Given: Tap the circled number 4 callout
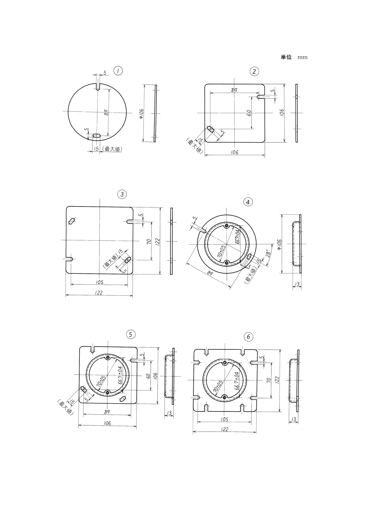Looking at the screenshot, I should (x=248, y=202).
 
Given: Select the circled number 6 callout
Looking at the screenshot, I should (x=248, y=337).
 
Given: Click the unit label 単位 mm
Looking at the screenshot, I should (x=294, y=57).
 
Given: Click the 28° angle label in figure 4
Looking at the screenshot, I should (x=268, y=254).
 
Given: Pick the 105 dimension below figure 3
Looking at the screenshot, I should (x=100, y=282).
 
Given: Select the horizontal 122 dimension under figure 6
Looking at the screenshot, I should (x=224, y=429).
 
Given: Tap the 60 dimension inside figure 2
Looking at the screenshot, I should (x=249, y=113).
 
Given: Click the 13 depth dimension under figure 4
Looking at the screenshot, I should (x=297, y=284).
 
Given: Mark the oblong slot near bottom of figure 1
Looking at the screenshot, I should (x=97, y=136).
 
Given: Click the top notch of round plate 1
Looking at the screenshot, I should (x=98, y=87).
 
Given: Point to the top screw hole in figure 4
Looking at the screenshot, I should (x=226, y=226).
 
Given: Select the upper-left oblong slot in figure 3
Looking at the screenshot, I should (x=72, y=221).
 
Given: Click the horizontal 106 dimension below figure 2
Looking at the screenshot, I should (x=235, y=152).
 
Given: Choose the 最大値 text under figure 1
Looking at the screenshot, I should (x=114, y=149).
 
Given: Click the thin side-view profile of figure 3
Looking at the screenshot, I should (x=172, y=241).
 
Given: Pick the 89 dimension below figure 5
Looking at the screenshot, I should (x=107, y=412).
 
